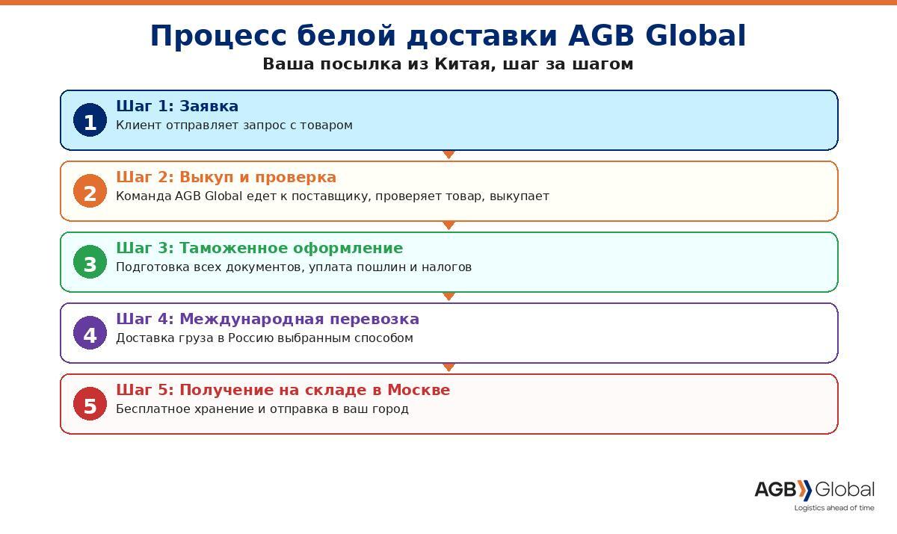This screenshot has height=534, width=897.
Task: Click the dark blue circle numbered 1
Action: point(90,120)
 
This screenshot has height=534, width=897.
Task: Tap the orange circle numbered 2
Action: point(90,190)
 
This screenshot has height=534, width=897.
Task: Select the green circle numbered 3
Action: point(90,262)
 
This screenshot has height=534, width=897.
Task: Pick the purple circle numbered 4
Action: point(90,333)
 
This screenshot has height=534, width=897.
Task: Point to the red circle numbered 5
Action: point(90,403)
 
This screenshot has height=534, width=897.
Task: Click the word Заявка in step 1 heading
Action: point(209,106)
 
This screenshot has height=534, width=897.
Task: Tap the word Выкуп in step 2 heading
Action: point(206,177)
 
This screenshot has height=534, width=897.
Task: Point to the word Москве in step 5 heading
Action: point(419,390)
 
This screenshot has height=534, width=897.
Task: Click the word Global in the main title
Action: point(696,35)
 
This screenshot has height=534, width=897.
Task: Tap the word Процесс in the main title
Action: point(218,36)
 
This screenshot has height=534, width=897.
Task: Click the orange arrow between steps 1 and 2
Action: point(449,155)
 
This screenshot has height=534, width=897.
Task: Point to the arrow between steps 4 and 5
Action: point(449,367)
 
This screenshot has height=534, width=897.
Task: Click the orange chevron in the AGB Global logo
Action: point(804,490)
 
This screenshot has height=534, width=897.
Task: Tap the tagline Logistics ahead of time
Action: point(834,508)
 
